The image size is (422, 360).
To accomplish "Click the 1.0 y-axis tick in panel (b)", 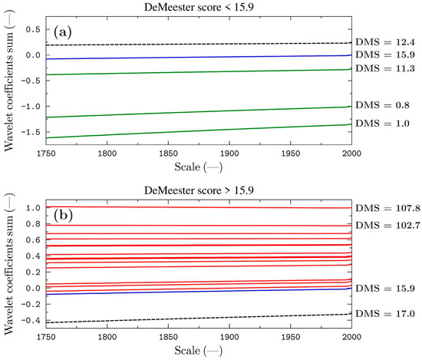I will (34, 208).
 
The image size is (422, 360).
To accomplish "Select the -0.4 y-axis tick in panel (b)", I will (31, 321).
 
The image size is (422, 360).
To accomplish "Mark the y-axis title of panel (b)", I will (9, 266).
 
